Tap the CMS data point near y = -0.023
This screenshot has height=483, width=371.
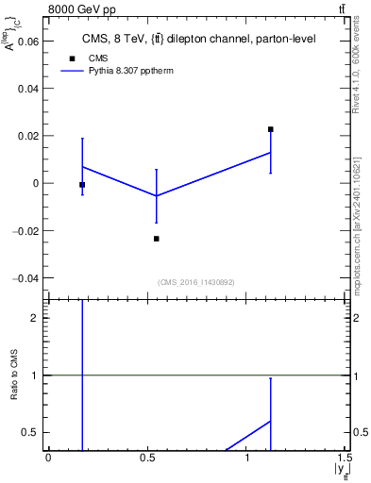pyautogui.click(x=156, y=239)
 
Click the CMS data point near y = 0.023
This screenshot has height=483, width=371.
pyautogui.click(x=270, y=129)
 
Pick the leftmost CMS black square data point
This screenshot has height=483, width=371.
pyautogui.click(x=82, y=185)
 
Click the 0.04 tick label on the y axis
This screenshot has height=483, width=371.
pyautogui.click(x=27, y=89)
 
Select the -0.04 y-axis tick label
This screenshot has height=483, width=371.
pyautogui.click(x=25, y=278)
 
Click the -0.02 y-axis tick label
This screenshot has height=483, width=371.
pyautogui.click(x=25, y=231)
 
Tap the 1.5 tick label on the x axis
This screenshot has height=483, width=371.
pyautogui.click(x=345, y=459)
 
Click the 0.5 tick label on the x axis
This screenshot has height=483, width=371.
pyautogui.click(x=147, y=459)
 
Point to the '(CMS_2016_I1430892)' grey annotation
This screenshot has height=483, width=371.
pyautogui.click(x=196, y=282)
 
